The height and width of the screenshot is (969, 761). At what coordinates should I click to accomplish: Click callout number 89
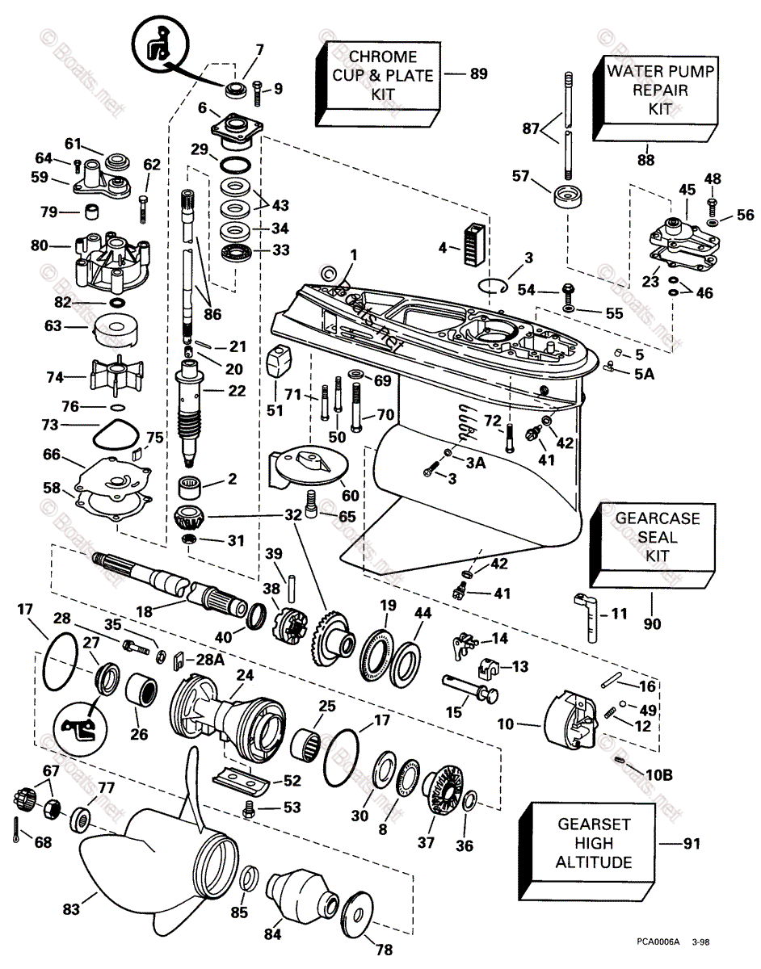click(x=479, y=74)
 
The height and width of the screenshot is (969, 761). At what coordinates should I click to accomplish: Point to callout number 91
click(x=692, y=844)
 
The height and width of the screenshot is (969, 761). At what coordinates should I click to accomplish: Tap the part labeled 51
click(x=279, y=363)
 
